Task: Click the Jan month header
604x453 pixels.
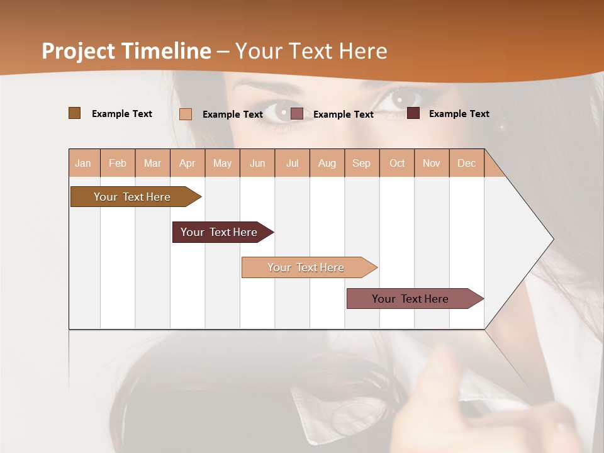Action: (84, 163)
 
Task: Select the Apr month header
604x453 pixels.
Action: (187, 163)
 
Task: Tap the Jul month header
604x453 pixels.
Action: (292, 163)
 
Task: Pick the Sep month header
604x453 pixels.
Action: (361, 163)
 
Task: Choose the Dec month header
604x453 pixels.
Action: (466, 163)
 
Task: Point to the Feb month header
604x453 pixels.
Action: (118, 163)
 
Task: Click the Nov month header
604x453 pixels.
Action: (432, 163)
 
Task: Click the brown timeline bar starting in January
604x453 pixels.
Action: (132, 197)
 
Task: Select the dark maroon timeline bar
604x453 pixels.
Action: (219, 232)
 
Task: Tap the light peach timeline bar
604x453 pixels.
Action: (306, 267)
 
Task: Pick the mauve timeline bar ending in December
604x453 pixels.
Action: (410, 299)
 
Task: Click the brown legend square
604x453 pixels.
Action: (74, 113)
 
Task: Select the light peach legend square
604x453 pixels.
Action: (186, 114)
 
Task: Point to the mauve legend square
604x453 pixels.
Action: (297, 114)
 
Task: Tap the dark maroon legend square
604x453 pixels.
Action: (413, 113)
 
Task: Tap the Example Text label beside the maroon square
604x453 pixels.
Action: (459, 114)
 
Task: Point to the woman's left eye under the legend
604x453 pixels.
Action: (278, 111)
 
